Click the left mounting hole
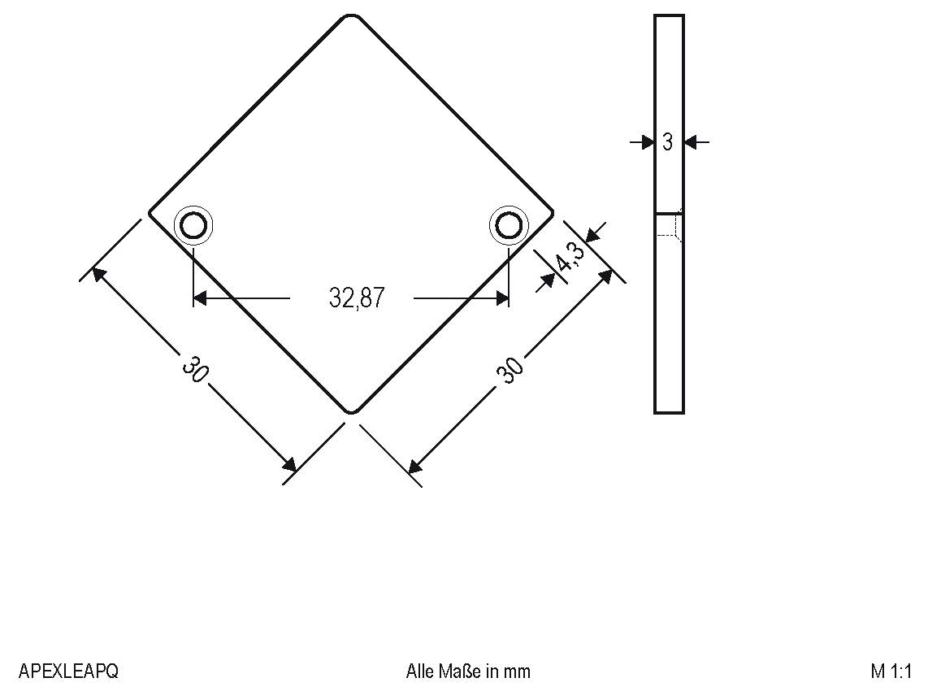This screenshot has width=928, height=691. click(x=193, y=225)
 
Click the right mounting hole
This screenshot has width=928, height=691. click(x=508, y=225)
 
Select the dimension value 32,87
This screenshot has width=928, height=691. click(x=356, y=298)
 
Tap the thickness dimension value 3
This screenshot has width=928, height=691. click(x=667, y=142)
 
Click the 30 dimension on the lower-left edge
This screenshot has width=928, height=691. click(x=195, y=370)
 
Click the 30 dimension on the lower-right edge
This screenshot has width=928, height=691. click(x=510, y=370)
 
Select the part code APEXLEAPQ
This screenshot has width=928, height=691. click(x=68, y=671)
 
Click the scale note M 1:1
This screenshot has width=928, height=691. click(x=891, y=671)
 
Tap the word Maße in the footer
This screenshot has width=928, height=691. click(x=460, y=671)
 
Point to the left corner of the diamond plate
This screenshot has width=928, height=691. click(x=150, y=214)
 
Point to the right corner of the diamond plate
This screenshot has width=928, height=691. click(x=552, y=214)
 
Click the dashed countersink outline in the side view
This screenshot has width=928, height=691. click(x=669, y=225)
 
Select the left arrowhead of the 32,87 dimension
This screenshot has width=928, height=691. click(x=201, y=298)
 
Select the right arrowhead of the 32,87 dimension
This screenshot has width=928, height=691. click(x=501, y=298)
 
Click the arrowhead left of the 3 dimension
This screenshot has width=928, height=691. click(x=648, y=142)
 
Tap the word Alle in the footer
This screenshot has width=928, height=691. click(x=420, y=671)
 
